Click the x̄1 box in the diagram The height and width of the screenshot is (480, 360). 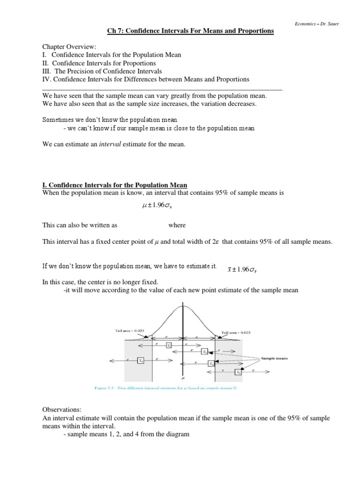click(168, 345)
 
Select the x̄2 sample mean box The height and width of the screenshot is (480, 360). click(205, 352)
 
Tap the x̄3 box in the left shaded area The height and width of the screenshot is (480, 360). click(140, 360)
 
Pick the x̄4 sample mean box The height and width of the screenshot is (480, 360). click(211, 363)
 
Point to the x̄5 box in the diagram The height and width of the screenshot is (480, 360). click(239, 372)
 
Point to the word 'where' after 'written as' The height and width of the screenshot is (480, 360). click(177, 225)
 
